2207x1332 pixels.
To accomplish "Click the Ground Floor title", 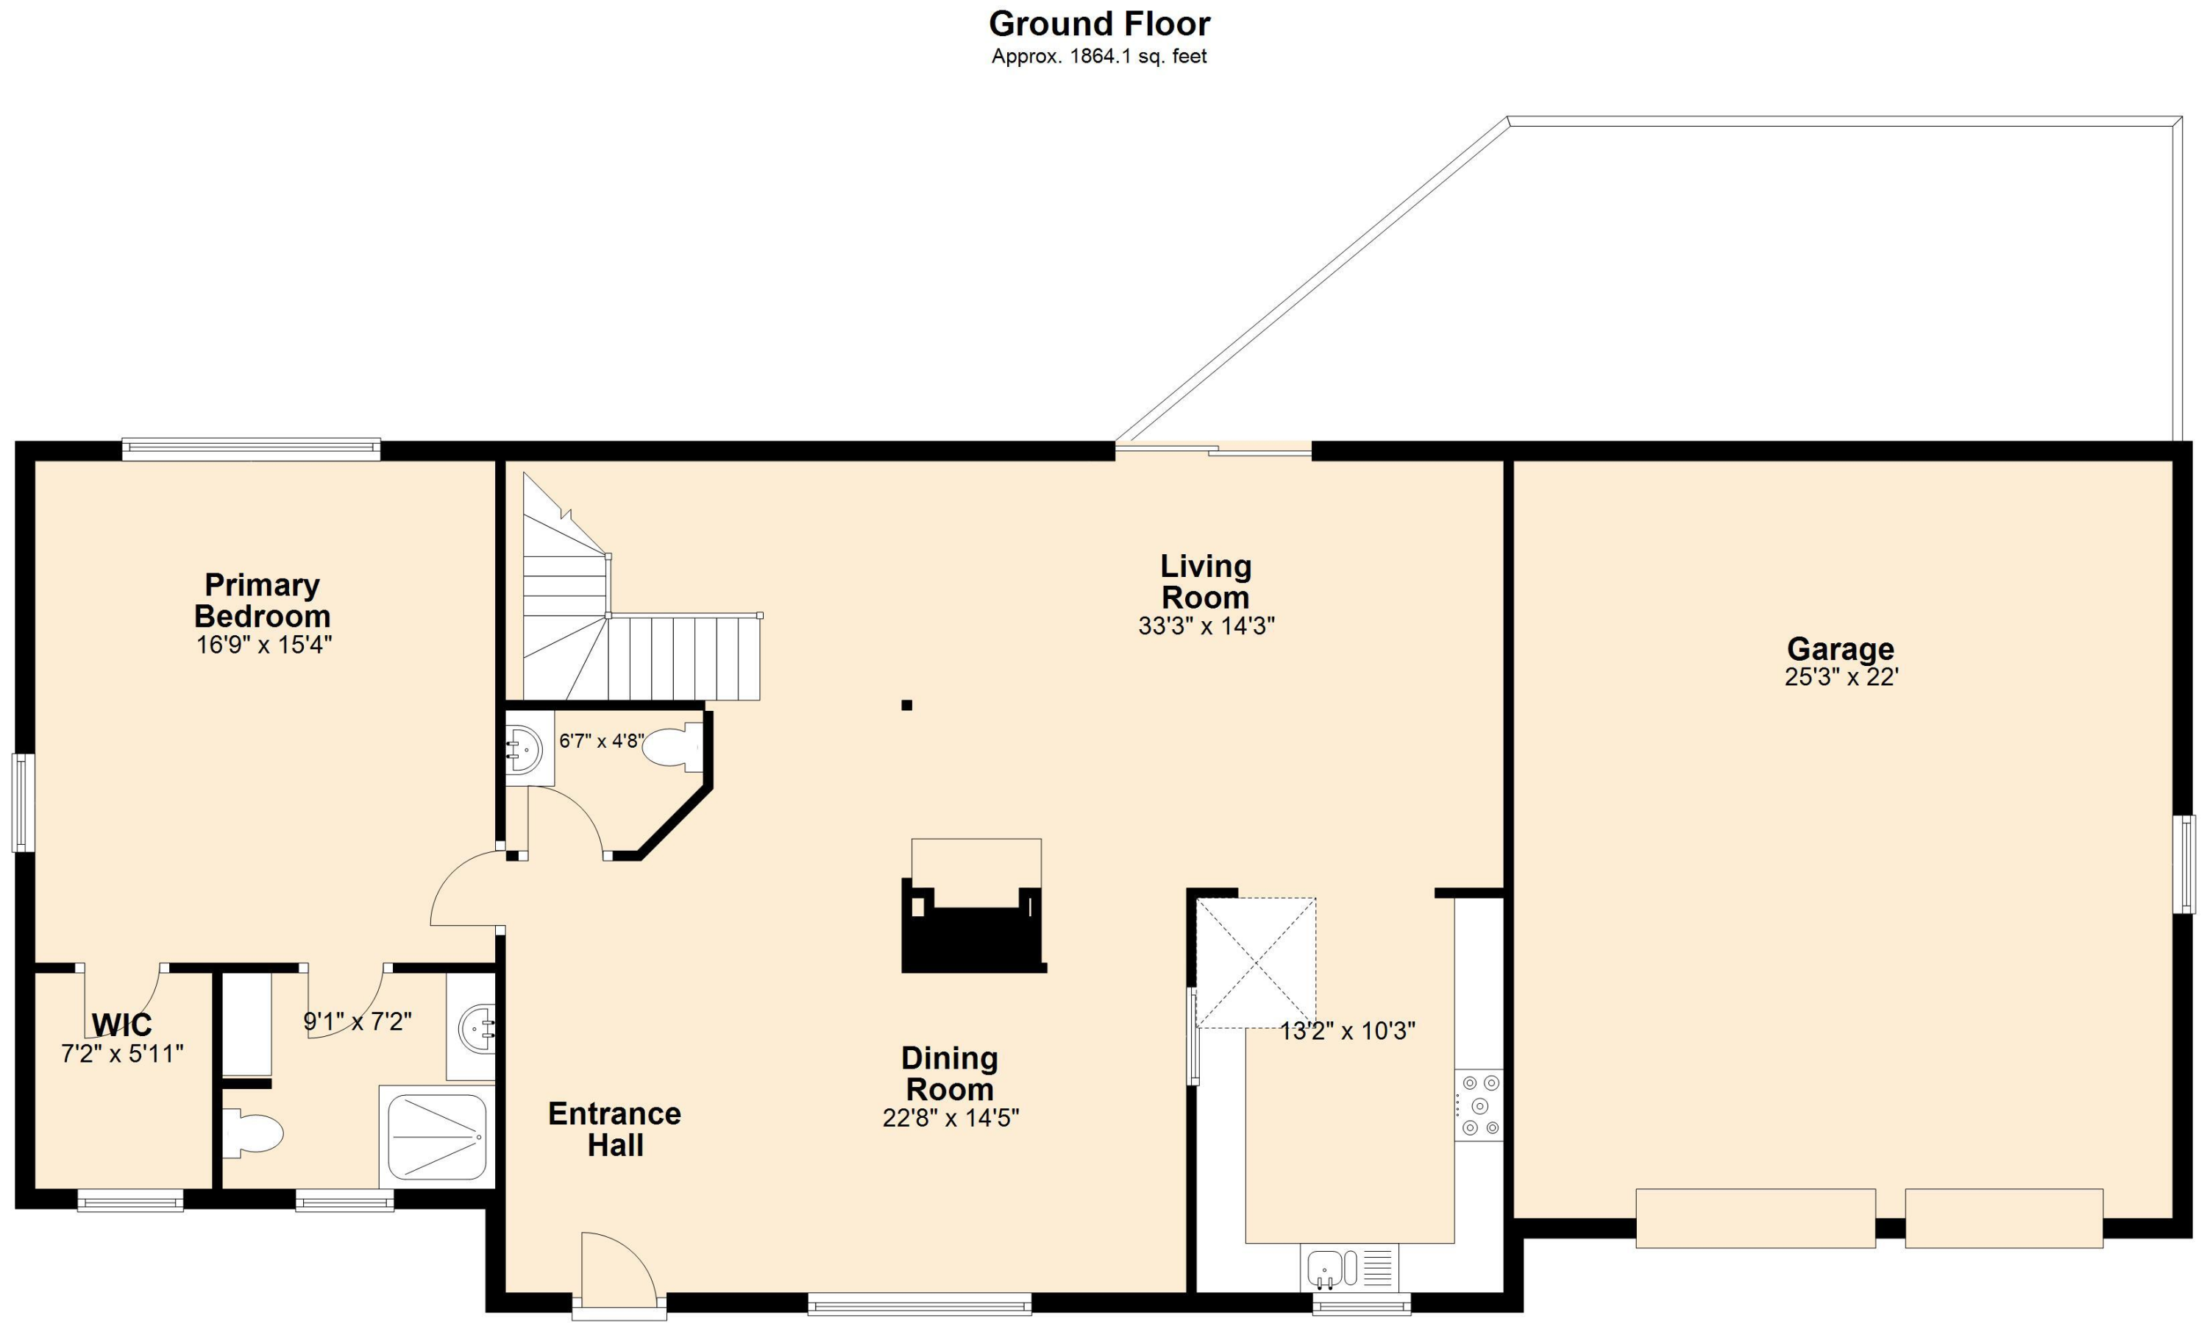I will coord(1099,24).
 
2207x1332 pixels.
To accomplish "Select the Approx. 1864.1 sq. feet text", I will coord(1099,57).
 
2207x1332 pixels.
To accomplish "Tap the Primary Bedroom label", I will coord(262,601).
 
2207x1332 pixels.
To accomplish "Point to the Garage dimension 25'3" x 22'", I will coord(1841,677).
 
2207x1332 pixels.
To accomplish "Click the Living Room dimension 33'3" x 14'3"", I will coord(1206,626).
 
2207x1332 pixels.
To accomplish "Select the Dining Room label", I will coord(950,1073).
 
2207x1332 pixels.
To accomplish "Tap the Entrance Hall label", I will coord(614,1129).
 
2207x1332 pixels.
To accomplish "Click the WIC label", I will coord(122,1024).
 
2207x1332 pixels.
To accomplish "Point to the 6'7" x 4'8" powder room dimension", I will coord(601,741).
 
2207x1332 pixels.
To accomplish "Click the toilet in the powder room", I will coord(672,747).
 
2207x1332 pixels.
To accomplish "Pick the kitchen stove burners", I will coord(1478,1105).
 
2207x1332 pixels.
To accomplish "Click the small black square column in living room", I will coord(906,705).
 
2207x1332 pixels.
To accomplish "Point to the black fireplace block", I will coord(973,936).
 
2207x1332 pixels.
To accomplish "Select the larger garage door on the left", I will coord(1755,1217).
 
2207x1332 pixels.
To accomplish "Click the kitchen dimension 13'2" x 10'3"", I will coord(1346,1031).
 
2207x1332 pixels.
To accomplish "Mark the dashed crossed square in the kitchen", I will coord(1256,963).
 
